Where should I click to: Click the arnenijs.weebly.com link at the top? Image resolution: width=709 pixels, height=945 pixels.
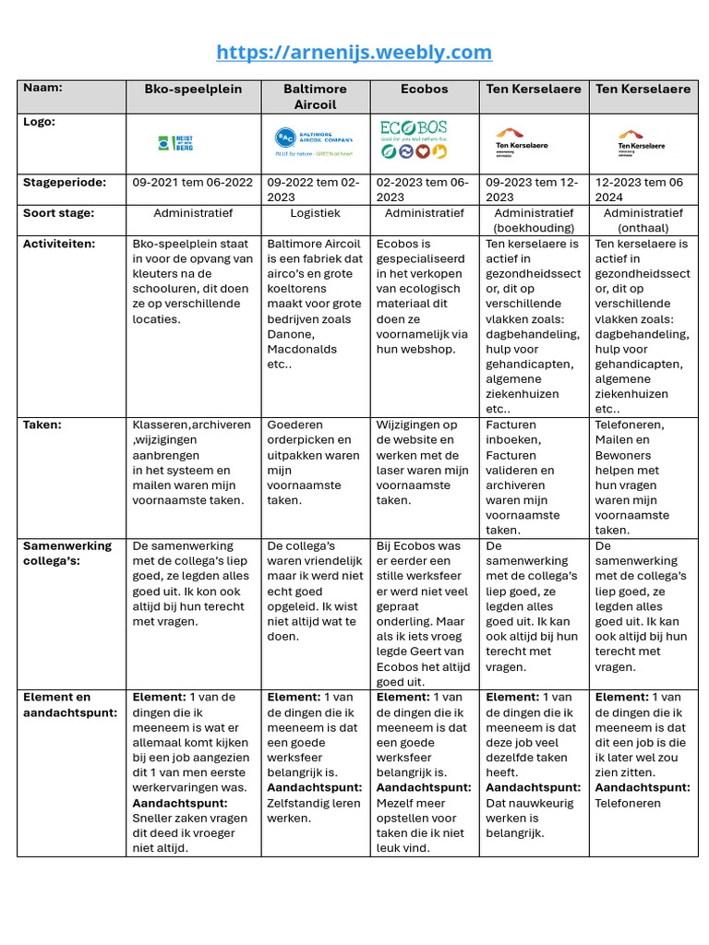(354, 52)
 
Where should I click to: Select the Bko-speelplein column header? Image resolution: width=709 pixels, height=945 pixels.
(193, 89)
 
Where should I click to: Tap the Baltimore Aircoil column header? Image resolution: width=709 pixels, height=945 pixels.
(316, 96)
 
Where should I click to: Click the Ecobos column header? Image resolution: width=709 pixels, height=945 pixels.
(425, 89)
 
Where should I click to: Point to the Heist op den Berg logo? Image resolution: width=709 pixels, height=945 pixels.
(175, 143)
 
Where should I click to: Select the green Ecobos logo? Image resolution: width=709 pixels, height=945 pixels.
(414, 139)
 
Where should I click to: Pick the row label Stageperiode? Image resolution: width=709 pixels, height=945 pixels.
(65, 182)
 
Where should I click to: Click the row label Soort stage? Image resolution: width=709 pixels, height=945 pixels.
(59, 212)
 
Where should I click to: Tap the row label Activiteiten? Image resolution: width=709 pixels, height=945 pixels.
(61, 244)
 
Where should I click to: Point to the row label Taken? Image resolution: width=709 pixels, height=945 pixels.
(42, 425)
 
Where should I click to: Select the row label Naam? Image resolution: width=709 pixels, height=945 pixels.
(42, 88)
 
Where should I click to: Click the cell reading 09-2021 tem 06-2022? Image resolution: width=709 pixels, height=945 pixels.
(193, 182)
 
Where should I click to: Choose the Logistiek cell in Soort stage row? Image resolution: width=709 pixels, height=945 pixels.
(316, 212)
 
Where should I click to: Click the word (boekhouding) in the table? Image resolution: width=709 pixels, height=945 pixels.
(535, 227)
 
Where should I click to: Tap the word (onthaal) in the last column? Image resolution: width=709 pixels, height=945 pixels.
(643, 227)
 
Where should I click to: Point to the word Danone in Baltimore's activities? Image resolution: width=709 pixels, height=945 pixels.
(290, 334)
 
